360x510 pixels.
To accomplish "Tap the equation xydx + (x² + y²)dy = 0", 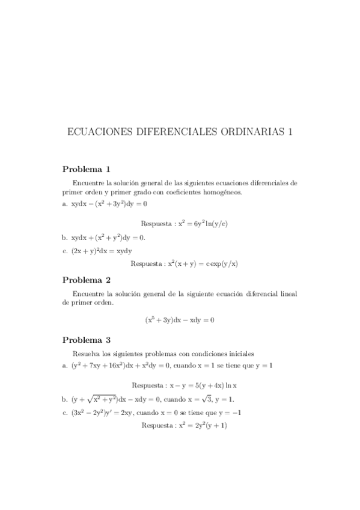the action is pyautogui.click(x=108, y=238).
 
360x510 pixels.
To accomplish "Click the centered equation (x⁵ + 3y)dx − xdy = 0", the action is pyautogui.click(x=180, y=320).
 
